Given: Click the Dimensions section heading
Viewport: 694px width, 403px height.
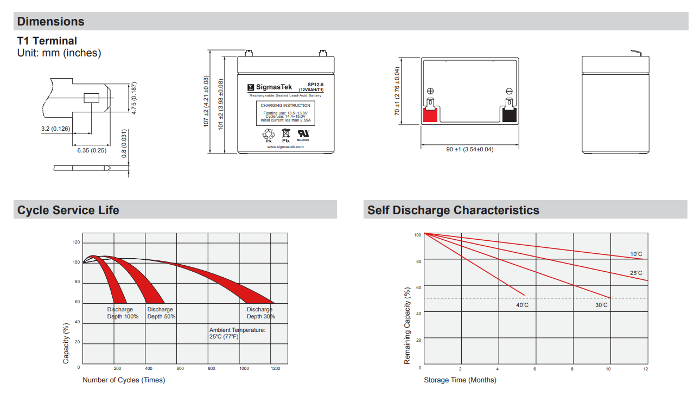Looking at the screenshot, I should tap(51, 22).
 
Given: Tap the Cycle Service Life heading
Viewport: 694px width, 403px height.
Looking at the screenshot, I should tap(68, 210).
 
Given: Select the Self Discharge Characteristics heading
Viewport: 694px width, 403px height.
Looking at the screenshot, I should tap(453, 210).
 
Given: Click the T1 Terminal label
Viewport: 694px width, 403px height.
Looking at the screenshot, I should tap(47, 41).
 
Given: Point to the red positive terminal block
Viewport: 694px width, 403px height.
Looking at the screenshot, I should tap(430, 115).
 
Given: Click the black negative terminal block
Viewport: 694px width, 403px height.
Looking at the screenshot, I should tap(509, 115).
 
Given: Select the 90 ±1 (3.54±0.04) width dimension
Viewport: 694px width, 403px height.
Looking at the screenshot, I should tap(470, 149).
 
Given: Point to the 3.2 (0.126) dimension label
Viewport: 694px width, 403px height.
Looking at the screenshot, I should tap(55, 129).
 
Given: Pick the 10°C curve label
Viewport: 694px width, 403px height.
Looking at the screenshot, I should tap(636, 254).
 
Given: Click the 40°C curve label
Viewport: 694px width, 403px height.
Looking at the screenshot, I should tap(522, 305).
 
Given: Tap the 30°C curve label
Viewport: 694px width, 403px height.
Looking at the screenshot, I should tap(601, 305).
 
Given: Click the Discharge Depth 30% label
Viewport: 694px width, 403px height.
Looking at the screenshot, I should tap(260, 313).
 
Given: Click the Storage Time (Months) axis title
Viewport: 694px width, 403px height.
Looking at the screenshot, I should tap(460, 380).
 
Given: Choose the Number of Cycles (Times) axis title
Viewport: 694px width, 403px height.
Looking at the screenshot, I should tap(124, 380).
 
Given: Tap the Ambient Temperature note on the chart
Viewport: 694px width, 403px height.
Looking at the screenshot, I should tap(237, 333).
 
